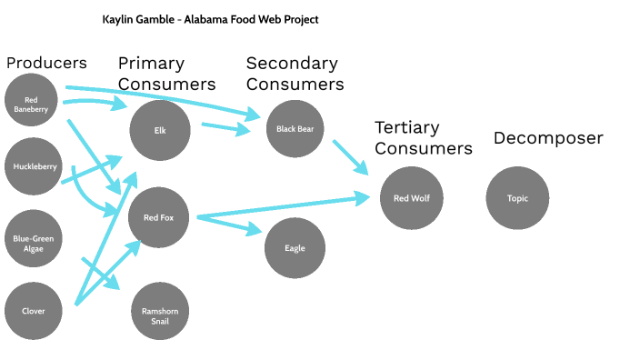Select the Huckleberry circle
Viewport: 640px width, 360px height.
(x=35, y=167)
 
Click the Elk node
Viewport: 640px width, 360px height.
(x=160, y=129)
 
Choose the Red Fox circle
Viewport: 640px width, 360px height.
(x=160, y=217)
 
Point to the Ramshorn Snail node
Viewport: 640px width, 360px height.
(x=160, y=312)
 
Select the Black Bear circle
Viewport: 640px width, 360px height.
(x=295, y=129)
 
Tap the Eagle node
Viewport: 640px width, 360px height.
(x=295, y=248)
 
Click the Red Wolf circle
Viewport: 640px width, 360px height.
(x=411, y=198)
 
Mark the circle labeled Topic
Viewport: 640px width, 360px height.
(x=517, y=198)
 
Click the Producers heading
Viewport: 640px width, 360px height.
(x=46, y=63)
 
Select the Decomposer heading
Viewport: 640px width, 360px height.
(x=548, y=138)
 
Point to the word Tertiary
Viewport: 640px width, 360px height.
(x=407, y=127)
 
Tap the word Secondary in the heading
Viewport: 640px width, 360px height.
(x=292, y=64)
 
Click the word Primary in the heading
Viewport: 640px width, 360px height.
(x=151, y=64)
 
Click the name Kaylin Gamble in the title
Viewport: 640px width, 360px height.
(x=142, y=19)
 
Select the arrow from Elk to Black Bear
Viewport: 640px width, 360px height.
(x=225, y=129)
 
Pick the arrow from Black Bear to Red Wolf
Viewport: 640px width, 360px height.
(x=349, y=155)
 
